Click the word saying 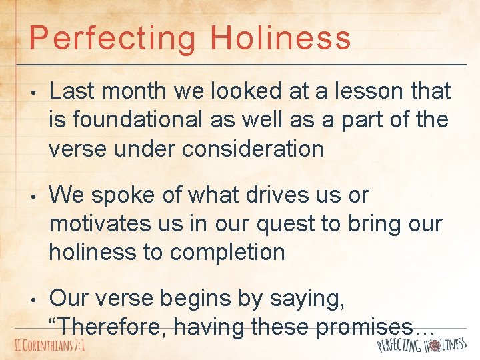click(x=305, y=299)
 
